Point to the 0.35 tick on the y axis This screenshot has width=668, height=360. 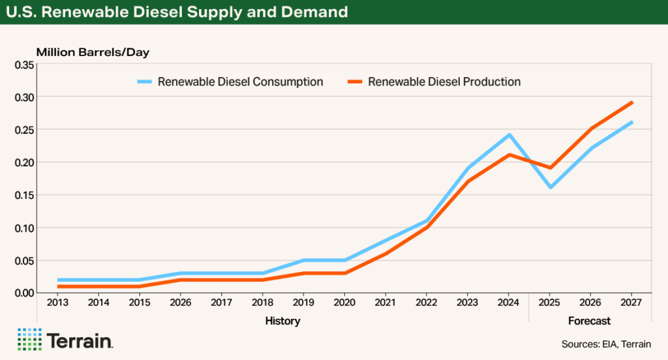tap(24, 65)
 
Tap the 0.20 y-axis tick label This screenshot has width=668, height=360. tap(24, 162)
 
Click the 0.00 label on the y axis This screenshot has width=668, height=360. tap(24, 293)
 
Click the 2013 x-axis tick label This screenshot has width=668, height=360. tap(58, 303)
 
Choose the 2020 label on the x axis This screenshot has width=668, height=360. tap(344, 303)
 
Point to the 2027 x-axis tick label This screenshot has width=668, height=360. tap(631, 303)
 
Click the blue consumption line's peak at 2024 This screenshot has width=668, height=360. tap(509, 135)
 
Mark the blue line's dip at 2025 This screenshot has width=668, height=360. tap(550, 187)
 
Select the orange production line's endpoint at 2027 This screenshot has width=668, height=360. tap(631, 102)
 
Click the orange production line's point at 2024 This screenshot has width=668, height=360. tap(509, 155)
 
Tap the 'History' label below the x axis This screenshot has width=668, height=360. tap(282, 321)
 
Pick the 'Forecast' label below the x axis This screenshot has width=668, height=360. tap(589, 321)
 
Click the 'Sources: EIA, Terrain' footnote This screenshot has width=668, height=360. tap(605, 344)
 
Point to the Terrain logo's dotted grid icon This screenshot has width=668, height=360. tap(29, 339)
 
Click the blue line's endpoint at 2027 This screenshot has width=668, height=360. tap(631, 122)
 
